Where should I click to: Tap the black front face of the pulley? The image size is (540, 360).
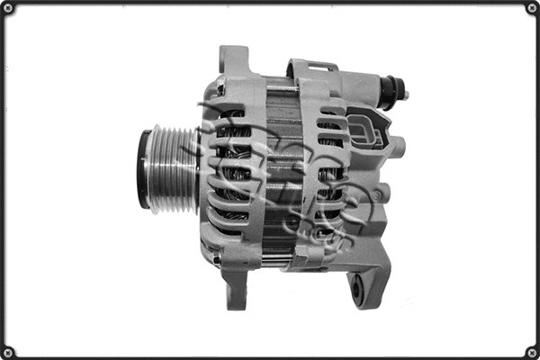[143, 170]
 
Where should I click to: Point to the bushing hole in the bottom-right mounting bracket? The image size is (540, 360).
[358, 288]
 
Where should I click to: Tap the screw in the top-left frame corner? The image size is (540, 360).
[9, 9]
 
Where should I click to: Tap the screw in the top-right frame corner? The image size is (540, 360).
[531, 9]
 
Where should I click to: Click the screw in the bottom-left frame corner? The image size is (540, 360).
[9, 351]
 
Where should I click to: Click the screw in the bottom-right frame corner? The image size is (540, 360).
[531, 351]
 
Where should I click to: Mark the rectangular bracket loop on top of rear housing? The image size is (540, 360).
[311, 67]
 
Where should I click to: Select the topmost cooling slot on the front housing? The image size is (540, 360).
[231, 114]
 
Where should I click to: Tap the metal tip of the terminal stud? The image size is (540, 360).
[404, 93]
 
